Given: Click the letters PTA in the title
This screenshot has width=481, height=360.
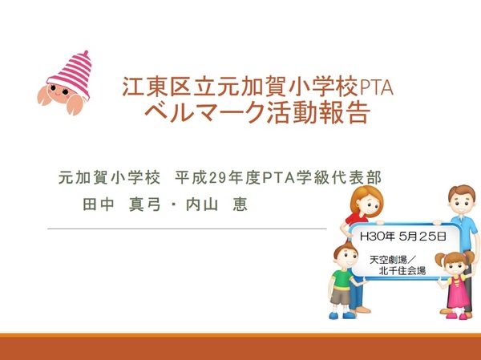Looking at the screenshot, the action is pyautogui.click(x=376, y=87).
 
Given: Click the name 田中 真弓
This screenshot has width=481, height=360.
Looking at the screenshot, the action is pyautogui.click(x=122, y=204).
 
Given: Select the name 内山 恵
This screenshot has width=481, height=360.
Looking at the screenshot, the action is pyautogui.click(x=216, y=204).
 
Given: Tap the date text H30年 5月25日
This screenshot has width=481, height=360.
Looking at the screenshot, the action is pyautogui.click(x=402, y=237).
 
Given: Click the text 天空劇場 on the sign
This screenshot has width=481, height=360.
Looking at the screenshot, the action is pyautogui.click(x=388, y=260).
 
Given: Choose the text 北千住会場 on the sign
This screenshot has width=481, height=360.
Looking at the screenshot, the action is pyautogui.click(x=402, y=271).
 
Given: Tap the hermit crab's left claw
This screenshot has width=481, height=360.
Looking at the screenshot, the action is pyautogui.click(x=44, y=95).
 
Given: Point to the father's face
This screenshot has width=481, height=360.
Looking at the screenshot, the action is pyautogui.click(x=462, y=203).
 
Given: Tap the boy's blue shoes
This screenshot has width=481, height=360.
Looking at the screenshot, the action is pyautogui.click(x=342, y=315).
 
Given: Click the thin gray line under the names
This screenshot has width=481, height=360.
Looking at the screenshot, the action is pyautogui.click(x=187, y=229).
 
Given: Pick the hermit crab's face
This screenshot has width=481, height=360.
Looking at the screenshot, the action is pyautogui.click(x=60, y=91).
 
